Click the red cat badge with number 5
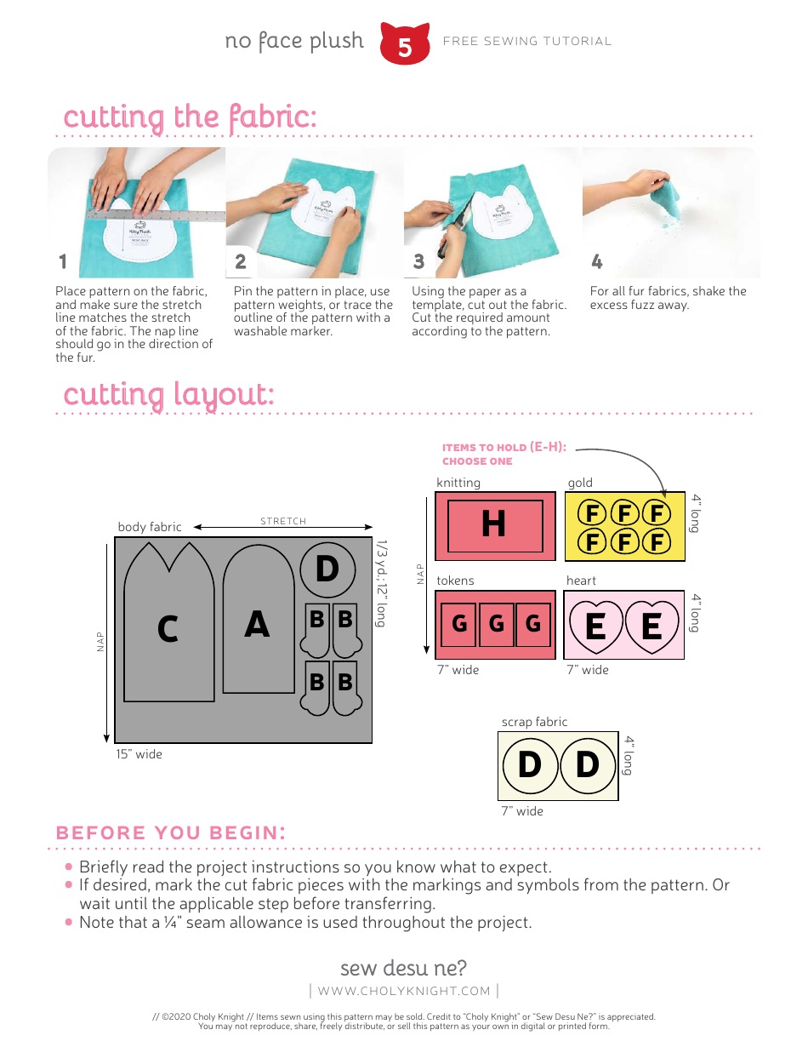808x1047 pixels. (x=405, y=44)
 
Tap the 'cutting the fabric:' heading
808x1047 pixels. (x=190, y=117)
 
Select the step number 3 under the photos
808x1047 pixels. (x=418, y=261)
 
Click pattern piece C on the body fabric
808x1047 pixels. (x=168, y=628)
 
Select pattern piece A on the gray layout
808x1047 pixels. (x=257, y=624)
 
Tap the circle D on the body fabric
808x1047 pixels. (x=327, y=569)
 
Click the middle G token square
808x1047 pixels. (x=497, y=624)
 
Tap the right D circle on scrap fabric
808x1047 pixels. (x=588, y=764)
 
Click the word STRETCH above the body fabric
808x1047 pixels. (x=283, y=521)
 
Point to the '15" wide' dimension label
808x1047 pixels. (x=139, y=754)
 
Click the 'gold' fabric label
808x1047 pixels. (x=580, y=483)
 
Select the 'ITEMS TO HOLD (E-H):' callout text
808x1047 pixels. (x=504, y=448)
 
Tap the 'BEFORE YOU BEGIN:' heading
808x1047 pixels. (x=170, y=832)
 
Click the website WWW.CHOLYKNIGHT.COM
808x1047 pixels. (x=404, y=991)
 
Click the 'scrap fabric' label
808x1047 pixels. (x=534, y=722)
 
